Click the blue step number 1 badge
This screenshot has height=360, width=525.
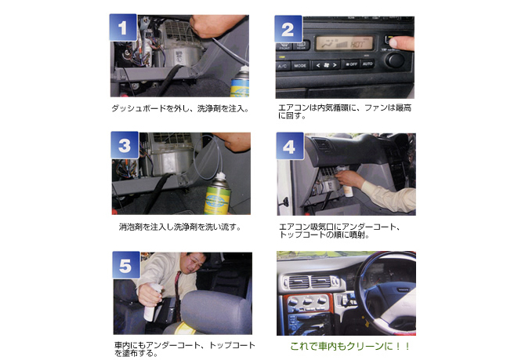tap(123, 27)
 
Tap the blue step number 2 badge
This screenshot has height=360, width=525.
tap(288, 29)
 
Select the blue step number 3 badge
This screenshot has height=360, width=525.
tap(125, 145)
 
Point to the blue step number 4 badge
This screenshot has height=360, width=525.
tap(290, 146)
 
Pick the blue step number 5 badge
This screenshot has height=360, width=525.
tap(126, 265)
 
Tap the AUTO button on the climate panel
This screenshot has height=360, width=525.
tap(367, 64)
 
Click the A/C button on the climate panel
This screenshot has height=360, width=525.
tap(283, 66)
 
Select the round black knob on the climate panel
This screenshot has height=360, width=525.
tap(395, 60)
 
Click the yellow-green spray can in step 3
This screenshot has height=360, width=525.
tap(218, 194)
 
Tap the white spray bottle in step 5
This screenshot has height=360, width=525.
tap(151, 302)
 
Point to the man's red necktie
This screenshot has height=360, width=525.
tap(177, 294)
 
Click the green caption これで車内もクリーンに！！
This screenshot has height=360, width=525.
tap(350, 346)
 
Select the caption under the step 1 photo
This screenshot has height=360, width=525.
tap(180, 108)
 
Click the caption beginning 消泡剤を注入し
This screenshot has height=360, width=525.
tap(179, 227)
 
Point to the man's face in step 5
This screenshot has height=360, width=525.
tap(195, 263)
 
